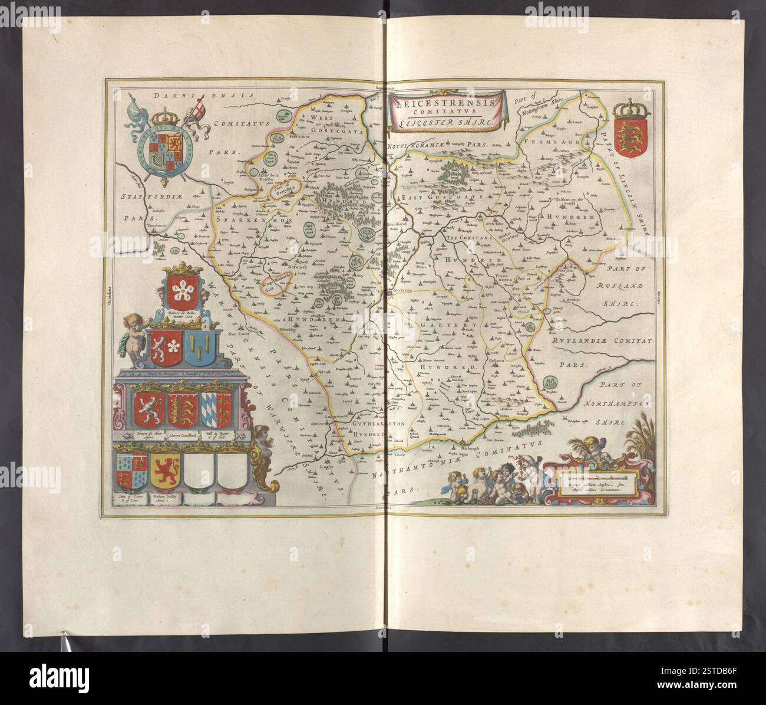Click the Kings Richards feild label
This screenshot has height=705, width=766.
click(275, 284)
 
